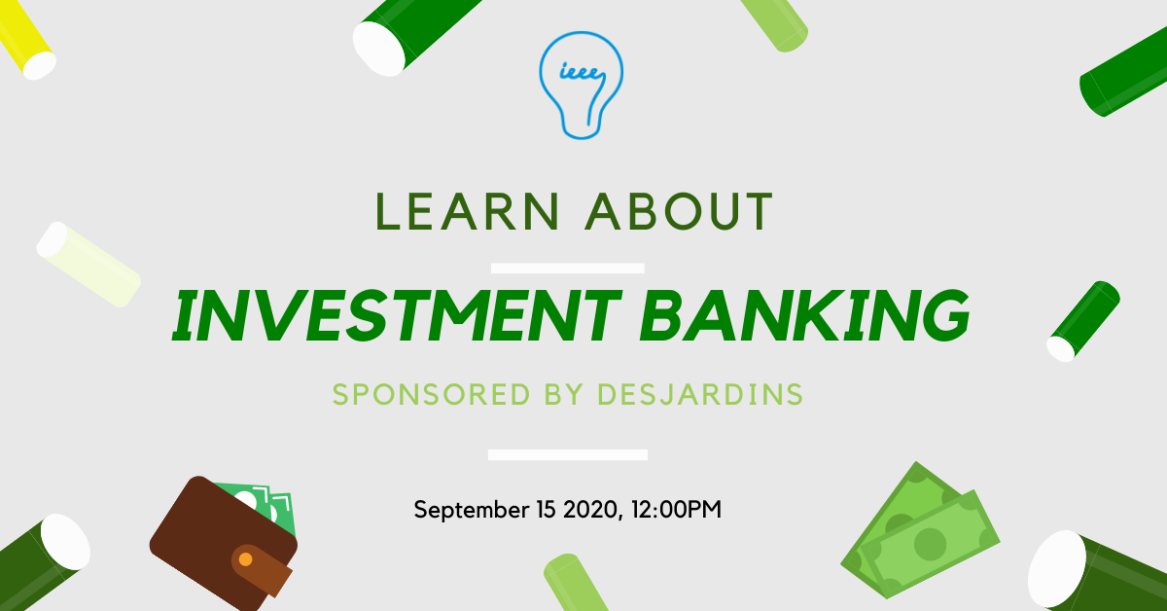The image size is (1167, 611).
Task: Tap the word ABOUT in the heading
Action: tap(679, 211)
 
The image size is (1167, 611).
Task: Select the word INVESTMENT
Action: tap(397, 316)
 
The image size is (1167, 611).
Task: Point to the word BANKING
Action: tap(805, 316)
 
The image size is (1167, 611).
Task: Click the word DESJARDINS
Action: tap(700, 394)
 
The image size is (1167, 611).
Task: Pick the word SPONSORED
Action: tap(432, 394)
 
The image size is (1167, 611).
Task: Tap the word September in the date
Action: tap(472, 510)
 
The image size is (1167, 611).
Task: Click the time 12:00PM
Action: tap(676, 510)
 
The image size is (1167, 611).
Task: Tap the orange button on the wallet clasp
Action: tap(245, 559)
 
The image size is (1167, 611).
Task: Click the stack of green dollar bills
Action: tap(920, 530)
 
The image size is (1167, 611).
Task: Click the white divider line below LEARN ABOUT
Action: tap(567, 268)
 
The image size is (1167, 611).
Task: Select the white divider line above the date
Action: tap(567, 454)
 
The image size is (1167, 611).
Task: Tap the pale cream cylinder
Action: tap(88, 265)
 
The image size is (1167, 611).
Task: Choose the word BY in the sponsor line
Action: tap(563, 394)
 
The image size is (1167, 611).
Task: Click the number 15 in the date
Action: tap(546, 510)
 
